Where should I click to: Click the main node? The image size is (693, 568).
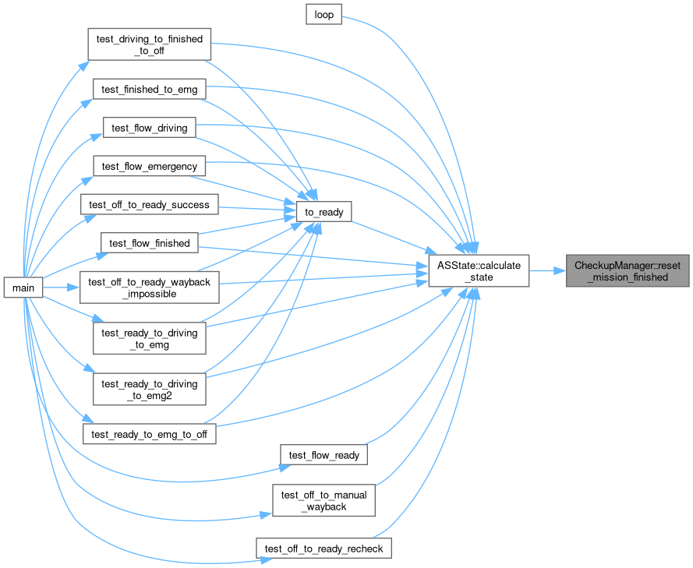[23, 288]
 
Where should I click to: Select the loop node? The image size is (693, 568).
[324, 15]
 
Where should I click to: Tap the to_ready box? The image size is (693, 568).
[324, 212]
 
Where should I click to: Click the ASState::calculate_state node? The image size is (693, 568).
[479, 270]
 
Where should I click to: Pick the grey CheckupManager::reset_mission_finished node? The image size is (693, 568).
[628, 270]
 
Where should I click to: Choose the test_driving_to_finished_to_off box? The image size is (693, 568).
[150, 44]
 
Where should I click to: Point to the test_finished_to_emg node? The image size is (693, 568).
[150, 90]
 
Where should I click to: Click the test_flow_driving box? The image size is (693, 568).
[150, 128]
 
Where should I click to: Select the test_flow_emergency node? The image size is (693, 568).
[150, 166]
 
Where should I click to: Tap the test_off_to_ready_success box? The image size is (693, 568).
[150, 204]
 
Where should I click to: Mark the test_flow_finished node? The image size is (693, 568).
[150, 243]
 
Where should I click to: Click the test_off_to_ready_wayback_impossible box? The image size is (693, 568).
[150, 288]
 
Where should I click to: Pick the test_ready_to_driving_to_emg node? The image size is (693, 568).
[150, 338]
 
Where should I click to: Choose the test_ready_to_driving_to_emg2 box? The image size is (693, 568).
[150, 389]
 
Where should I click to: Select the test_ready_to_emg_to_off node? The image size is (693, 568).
[150, 434]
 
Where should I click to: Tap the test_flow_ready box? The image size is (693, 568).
[324, 455]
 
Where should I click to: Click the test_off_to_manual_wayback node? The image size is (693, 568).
[324, 500]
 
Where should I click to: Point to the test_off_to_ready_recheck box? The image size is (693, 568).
[324, 548]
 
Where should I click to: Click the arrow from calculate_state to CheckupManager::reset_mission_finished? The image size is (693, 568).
[547, 270]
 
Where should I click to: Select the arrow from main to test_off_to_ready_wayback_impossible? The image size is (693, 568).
[61, 288]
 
